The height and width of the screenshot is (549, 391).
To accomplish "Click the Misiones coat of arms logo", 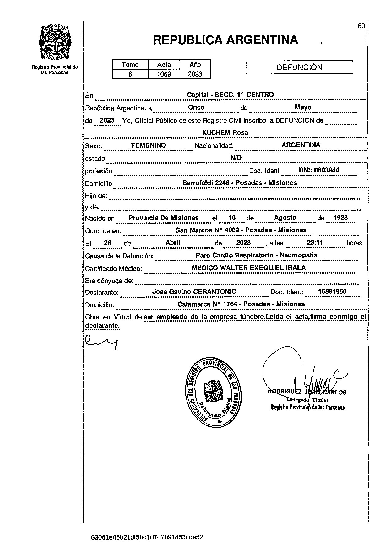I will point(55,43).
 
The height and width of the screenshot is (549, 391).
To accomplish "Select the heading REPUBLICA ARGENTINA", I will point(225,40).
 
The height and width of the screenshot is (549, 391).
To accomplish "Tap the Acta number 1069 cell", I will point(164,74).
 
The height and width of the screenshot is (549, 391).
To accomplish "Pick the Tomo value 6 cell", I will point(130,74).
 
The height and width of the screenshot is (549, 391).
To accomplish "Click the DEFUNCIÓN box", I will point(300,67).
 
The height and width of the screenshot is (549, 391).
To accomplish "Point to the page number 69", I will point(361,26).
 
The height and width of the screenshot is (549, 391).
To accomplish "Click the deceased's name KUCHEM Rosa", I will point(225,133).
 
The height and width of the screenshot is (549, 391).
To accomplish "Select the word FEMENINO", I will point(148,145).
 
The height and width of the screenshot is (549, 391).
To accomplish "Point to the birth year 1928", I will point(340,218).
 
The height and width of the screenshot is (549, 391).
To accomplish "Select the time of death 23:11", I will point(315,242).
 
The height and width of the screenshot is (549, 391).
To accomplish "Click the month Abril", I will point(173,243).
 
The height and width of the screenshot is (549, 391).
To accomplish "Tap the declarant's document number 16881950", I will point(332,291).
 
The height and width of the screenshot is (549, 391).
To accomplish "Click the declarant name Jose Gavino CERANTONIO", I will point(194,292).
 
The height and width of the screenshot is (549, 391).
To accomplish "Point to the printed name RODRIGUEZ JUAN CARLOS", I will point(307,392).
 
